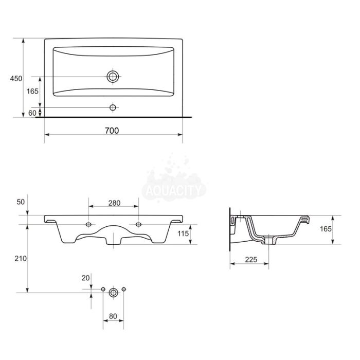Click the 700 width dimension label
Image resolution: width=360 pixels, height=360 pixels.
112,131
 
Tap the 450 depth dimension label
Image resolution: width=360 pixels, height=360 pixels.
16,79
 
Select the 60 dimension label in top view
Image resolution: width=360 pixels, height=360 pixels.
32,113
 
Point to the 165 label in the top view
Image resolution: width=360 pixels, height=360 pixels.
32,92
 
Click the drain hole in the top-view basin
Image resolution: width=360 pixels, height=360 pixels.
113,77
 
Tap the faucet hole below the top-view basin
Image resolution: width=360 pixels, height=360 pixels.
113,107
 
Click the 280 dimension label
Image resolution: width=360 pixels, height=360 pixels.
114,203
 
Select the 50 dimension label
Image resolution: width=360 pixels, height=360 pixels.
21,202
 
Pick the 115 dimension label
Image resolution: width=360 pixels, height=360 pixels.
183,233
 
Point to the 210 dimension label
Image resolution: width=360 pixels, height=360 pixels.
21,259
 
